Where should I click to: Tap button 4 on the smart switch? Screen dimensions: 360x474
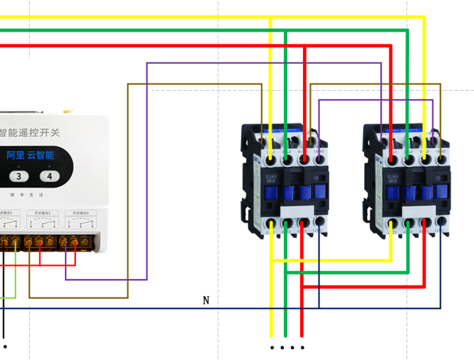pyautogui.click(x=49, y=176)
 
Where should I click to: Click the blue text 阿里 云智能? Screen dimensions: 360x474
pyautogui.click(x=30, y=155)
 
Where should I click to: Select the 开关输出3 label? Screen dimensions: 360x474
pyautogui.click(x=47, y=213)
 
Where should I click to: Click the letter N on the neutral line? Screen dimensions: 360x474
pyautogui.click(x=206, y=300)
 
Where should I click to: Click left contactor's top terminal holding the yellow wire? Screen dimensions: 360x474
pyautogui.click(x=271, y=144)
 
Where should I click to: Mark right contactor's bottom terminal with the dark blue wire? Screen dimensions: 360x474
pyautogui.click(x=441, y=225)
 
